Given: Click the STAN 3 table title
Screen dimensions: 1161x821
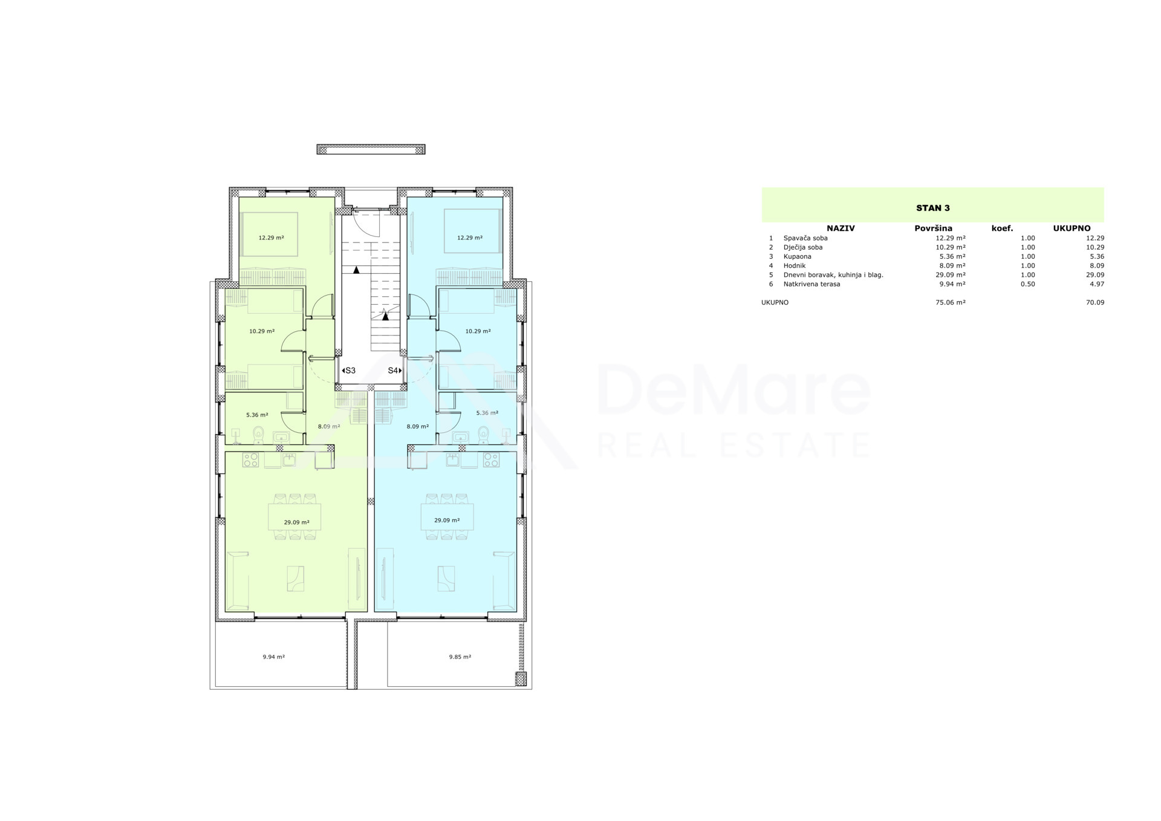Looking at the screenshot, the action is [x=933, y=208].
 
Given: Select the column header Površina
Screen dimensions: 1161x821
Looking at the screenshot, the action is [x=933, y=229].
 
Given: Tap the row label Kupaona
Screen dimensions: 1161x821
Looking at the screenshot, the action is [x=797, y=256].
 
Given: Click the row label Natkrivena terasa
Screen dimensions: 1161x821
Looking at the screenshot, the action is [x=811, y=284].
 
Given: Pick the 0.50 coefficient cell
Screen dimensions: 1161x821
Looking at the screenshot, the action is [x=1027, y=284].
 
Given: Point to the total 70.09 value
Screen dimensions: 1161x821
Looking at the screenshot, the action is [x=1094, y=302].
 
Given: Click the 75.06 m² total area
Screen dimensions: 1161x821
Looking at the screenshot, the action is [x=951, y=302].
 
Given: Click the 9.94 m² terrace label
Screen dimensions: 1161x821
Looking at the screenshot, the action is [x=273, y=657].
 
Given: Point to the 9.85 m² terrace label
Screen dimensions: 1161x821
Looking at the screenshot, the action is [x=460, y=657].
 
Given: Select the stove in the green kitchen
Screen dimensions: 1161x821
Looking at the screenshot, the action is [x=250, y=460].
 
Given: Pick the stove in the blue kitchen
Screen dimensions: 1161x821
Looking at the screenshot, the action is [x=491, y=460].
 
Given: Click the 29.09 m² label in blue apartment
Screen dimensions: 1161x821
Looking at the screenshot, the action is [x=447, y=521].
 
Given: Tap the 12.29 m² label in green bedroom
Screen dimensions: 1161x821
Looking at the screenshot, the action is [x=271, y=238].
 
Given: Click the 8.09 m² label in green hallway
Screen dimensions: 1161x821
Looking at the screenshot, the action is [x=329, y=426].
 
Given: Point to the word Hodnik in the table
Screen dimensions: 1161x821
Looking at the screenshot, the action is [x=794, y=265].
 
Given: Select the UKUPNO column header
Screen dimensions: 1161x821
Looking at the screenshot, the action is [x=1072, y=229].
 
